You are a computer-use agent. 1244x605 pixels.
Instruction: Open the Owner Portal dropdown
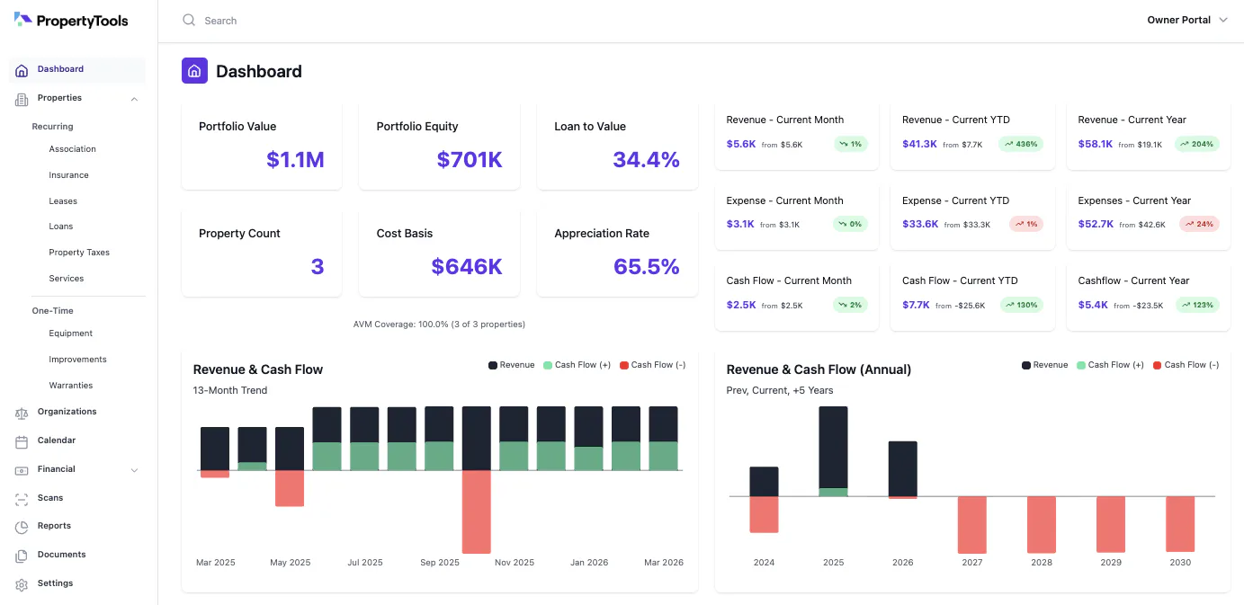(x=1186, y=20)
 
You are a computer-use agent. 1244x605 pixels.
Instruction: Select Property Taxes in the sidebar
(x=79, y=252)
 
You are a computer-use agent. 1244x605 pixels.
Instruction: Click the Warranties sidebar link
(x=70, y=385)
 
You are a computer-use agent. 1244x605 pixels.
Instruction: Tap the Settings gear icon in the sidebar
(x=22, y=584)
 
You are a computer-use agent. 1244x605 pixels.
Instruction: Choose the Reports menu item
(x=54, y=526)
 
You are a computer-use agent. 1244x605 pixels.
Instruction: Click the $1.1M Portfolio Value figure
(x=295, y=160)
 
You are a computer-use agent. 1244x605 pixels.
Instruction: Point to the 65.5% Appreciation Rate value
(x=646, y=267)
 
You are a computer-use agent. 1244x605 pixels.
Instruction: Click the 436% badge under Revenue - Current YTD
(x=1021, y=145)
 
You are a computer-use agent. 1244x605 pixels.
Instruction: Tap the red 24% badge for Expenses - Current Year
(x=1199, y=224)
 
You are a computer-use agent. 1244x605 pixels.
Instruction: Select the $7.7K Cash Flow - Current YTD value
(x=916, y=305)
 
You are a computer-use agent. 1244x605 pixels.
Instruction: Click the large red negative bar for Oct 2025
(x=477, y=512)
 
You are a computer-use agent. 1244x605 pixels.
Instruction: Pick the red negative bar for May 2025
(x=290, y=488)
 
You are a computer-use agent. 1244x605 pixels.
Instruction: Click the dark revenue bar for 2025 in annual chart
(x=833, y=448)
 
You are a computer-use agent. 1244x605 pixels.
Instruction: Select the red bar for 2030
(x=1180, y=524)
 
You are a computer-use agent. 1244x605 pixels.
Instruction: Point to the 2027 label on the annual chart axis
(x=971, y=562)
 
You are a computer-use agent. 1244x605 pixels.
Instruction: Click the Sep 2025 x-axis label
(x=440, y=562)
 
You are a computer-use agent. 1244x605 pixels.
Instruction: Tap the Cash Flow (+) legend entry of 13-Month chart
(x=577, y=365)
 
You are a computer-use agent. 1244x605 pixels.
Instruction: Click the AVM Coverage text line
(x=439, y=325)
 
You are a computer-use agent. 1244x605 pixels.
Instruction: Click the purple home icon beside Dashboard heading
(x=194, y=70)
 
